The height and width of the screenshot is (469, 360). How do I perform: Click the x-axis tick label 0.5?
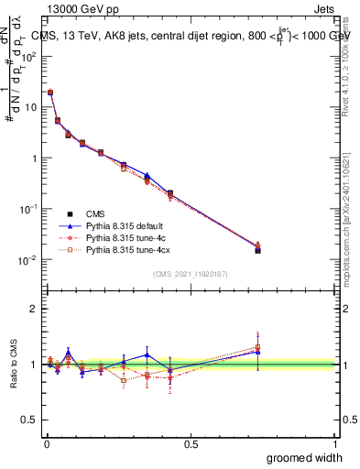191,444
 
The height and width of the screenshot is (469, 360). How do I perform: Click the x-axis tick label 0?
46,444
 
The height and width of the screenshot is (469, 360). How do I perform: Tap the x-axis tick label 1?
335,444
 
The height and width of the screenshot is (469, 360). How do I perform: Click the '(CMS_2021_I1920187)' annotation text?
191,274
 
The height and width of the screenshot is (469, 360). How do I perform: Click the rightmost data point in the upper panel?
257,248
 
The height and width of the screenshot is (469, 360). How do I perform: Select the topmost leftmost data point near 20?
50,93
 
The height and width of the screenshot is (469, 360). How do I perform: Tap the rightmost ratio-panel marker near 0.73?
257,349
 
